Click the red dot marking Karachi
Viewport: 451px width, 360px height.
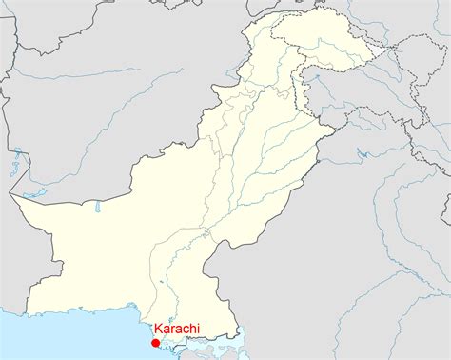(x=155, y=343)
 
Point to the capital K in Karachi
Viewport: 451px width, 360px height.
(x=157, y=330)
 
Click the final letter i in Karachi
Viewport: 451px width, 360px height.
(x=197, y=330)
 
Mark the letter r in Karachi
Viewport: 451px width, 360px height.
(x=171, y=330)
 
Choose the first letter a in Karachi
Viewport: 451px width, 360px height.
(x=165, y=330)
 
